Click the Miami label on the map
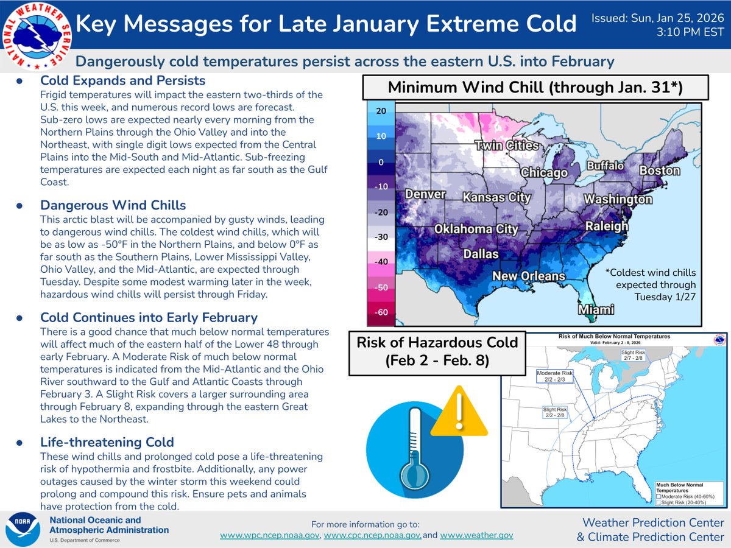pos(596,310)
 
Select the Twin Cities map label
pos(507,146)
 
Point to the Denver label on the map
pos(426,194)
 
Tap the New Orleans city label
pos(529,276)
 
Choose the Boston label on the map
pos(659,170)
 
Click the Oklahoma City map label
pos(476,230)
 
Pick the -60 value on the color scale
pos(380,312)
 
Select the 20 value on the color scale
pos(380,111)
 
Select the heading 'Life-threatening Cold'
pos(107,442)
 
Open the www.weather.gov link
pos(476,535)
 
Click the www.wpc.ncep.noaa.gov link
pos(270,535)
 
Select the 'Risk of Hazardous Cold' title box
pos(437,352)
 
